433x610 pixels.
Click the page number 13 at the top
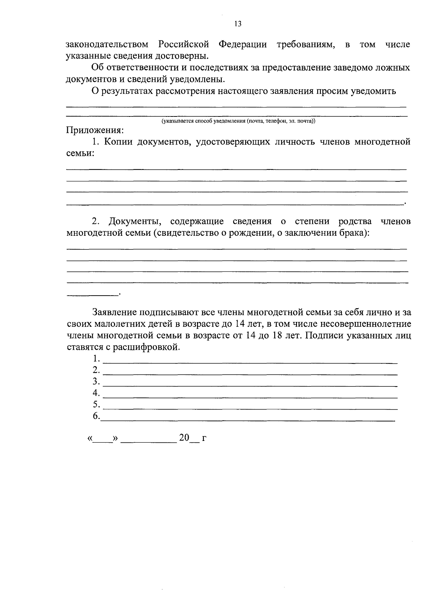click(x=237, y=24)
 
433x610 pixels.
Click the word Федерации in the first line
click(x=242, y=45)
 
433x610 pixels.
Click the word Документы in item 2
click(x=135, y=221)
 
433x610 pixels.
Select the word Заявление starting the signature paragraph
click(x=114, y=312)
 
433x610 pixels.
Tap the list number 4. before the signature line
click(x=96, y=393)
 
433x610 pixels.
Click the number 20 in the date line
click(x=184, y=438)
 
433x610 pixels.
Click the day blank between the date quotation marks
click(x=103, y=441)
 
